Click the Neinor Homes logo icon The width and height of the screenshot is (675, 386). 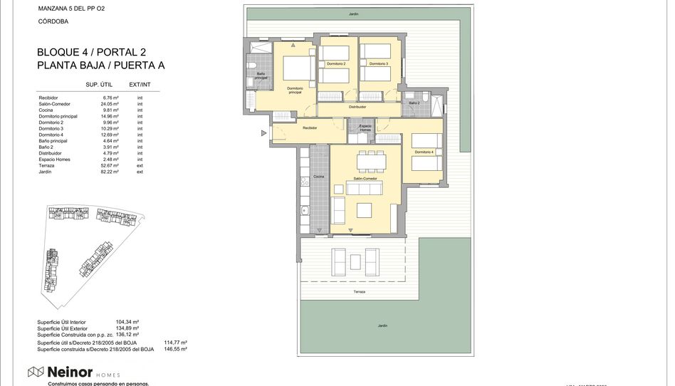point(36,371)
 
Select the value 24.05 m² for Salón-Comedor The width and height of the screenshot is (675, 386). point(110,104)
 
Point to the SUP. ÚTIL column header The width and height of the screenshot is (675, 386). point(101,85)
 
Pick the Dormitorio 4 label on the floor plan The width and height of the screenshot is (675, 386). point(424,152)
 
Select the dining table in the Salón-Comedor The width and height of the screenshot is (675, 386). point(370,161)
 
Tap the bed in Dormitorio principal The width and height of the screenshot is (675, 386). point(298,69)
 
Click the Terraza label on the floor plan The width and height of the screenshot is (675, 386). point(360,292)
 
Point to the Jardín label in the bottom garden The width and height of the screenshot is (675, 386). point(382,325)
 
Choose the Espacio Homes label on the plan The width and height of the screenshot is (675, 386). point(364,128)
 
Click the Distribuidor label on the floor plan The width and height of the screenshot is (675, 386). point(357,107)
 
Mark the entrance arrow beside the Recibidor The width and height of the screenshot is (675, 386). point(265,132)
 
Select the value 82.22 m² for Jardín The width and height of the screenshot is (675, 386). point(110,172)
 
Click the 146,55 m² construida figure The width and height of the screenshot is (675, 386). point(175,349)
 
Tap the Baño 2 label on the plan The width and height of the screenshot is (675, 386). point(414,103)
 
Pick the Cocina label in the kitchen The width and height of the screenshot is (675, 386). point(318,176)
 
